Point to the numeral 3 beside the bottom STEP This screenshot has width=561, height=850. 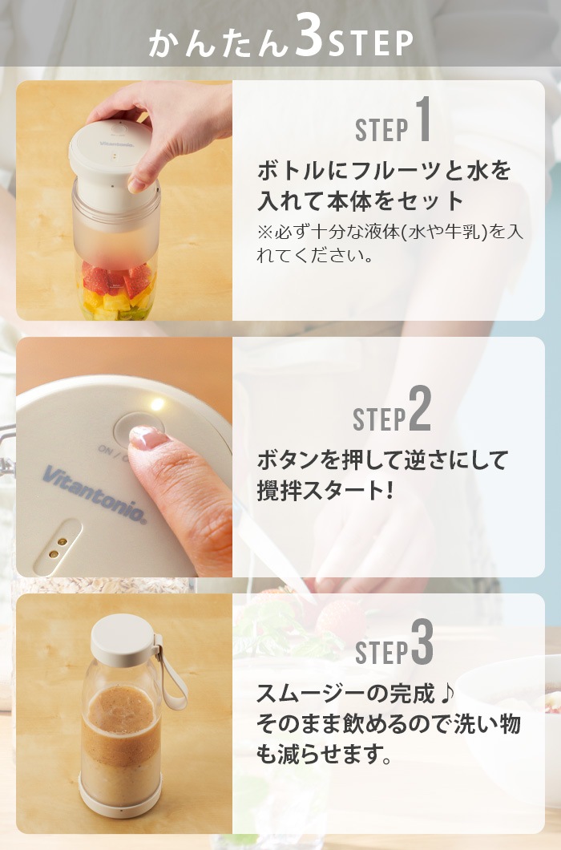[x=422, y=642]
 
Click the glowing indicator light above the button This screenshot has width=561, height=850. [x=157, y=404]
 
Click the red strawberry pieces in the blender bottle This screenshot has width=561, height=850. [x=115, y=277]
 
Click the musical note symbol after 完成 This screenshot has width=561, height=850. [x=446, y=694]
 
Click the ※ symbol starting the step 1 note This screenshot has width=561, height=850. [x=265, y=232]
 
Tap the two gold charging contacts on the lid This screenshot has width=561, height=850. [x=58, y=548]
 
